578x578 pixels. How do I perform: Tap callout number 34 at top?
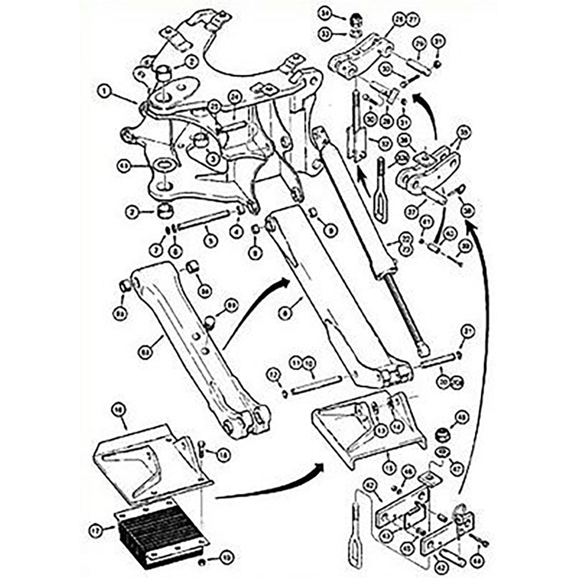342,14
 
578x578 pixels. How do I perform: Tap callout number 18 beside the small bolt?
223,454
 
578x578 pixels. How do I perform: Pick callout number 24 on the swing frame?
234,96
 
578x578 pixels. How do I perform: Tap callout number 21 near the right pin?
467,331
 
